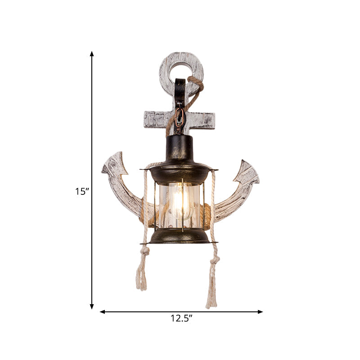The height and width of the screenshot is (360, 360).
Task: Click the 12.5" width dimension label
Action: point(181,319)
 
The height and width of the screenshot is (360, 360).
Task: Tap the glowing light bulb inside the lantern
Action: point(181,202)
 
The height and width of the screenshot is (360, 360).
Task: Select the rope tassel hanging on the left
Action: point(142,274)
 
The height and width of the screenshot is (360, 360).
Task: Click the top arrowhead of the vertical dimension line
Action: point(92,54)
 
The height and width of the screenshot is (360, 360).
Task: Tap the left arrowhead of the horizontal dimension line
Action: point(102,311)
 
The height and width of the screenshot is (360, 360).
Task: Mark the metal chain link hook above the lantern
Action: point(180,119)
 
